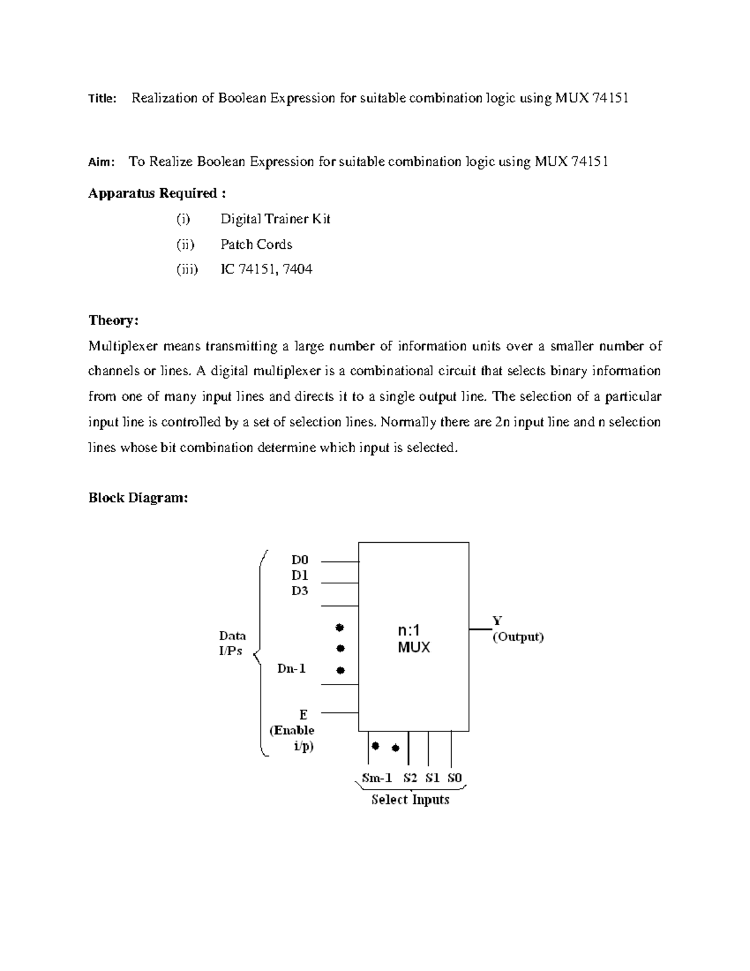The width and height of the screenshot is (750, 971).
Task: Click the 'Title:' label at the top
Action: [102, 99]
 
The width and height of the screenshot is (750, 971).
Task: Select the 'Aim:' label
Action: [101, 163]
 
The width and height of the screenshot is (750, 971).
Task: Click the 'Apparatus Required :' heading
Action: [153, 193]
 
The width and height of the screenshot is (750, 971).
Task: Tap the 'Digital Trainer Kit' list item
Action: [275, 219]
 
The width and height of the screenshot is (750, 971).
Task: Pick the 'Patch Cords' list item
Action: [256, 244]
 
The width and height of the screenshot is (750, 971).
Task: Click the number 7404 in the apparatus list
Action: [297, 269]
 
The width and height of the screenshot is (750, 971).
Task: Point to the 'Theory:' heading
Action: [113, 321]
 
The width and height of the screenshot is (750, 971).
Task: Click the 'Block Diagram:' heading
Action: [137, 498]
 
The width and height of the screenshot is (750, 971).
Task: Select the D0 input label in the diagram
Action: [300, 560]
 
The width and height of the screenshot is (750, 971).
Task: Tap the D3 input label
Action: [300, 591]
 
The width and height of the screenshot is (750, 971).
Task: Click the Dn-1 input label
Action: [291, 669]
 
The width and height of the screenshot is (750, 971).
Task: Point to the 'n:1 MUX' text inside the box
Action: [414, 639]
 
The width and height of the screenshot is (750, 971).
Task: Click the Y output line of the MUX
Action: [480, 628]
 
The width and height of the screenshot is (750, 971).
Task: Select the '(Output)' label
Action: [518, 637]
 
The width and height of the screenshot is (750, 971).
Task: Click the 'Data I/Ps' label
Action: [231, 643]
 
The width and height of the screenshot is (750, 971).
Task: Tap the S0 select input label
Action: [454, 778]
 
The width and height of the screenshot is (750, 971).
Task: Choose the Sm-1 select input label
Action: [377, 778]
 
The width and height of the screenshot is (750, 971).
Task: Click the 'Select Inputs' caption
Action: [410, 800]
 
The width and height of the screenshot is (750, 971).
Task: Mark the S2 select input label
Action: [410, 778]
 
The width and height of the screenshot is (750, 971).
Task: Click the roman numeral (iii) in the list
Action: [186, 269]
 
